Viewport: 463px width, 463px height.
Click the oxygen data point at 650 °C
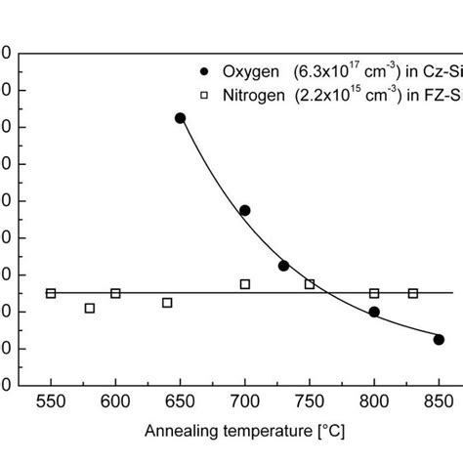point(180,118)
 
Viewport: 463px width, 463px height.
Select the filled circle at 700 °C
point(244,210)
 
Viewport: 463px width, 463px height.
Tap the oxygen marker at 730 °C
point(283,266)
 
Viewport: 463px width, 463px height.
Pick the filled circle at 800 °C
point(374,312)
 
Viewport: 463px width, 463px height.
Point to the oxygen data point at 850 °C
point(439,339)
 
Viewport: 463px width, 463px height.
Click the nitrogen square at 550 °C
point(51,293)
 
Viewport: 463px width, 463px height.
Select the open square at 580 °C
point(90,308)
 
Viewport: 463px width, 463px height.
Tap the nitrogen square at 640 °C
point(167,303)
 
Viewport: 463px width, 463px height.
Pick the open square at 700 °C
point(244,284)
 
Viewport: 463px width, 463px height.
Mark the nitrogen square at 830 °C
point(412,293)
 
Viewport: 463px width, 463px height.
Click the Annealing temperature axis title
point(244,431)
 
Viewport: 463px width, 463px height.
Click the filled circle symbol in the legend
point(203,70)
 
